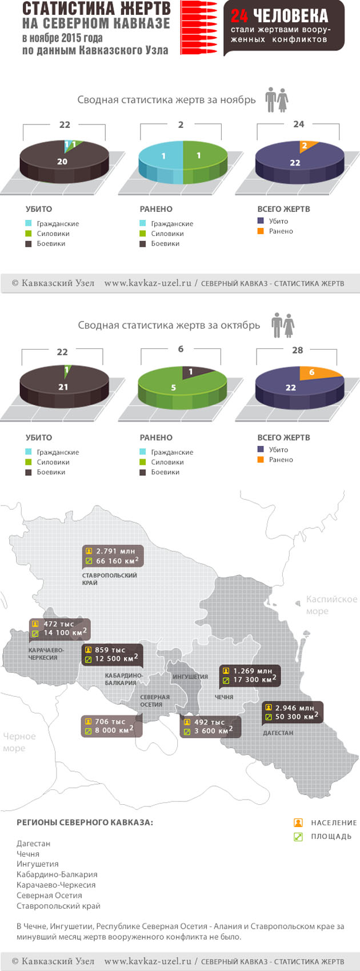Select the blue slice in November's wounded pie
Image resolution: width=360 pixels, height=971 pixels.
click(x=162, y=156)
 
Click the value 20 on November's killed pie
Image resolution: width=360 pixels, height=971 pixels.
click(x=62, y=162)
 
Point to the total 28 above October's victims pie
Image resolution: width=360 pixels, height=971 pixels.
click(x=297, y=350)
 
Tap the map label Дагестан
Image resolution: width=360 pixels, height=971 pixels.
click(x=278, y=733)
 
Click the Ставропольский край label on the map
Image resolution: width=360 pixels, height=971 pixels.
click(x=110, y=579)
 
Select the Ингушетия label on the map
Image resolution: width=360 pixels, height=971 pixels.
click(x=190, y=677)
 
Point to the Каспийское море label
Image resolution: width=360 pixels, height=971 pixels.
click(x=331, y=605)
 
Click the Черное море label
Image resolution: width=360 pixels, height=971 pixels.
click(x=19, y=742)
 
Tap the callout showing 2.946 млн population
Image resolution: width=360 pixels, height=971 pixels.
click(x=293, y=712)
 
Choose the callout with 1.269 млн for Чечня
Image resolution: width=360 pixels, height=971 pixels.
click(x=250, y=675)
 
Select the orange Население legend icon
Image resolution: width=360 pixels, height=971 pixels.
click(x=298, y=823)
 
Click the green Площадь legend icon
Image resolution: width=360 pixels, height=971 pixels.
click(x=298, y=837)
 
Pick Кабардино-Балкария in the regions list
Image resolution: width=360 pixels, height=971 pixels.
click(x=57, y=874)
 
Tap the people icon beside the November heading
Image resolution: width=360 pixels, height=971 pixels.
click(x=277, y=100)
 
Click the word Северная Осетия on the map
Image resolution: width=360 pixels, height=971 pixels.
click(x=154, y=701)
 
